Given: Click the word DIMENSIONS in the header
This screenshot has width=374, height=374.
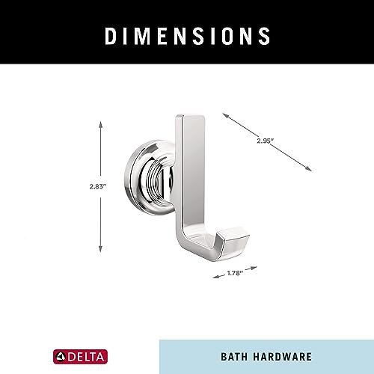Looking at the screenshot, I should [187, 35].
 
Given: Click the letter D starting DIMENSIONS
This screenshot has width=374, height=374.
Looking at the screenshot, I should [109, 35].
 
